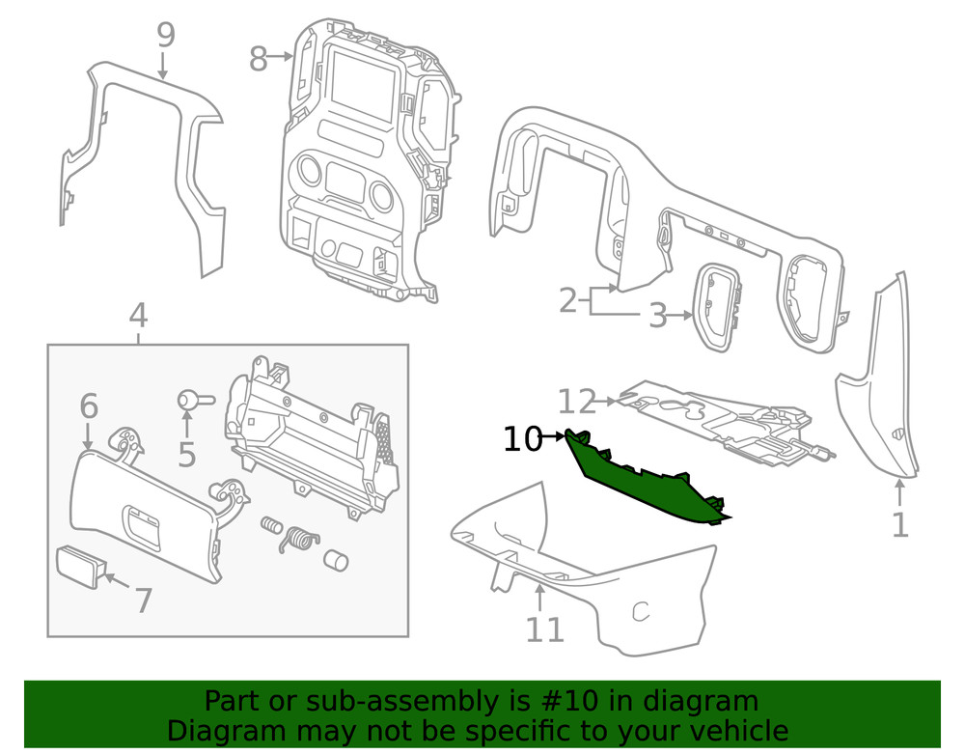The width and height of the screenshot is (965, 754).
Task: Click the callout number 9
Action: click(165, 36)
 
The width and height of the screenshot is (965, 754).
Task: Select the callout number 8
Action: click(258, 59)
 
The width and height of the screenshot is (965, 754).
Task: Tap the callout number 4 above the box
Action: click(138, 315)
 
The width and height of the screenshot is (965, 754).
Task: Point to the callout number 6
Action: click(88, 405)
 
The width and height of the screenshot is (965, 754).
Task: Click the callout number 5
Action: click(186, 454)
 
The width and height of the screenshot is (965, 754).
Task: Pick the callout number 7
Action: click(143, 600)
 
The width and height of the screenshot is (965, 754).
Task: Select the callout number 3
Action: click(657, 316)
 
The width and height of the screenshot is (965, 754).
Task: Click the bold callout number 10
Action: click(523, 439)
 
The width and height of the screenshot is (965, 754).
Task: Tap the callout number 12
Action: click(578, 400)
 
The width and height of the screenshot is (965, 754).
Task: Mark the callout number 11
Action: click(544, 628)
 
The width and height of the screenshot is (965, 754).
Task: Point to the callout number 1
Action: click(899, 525)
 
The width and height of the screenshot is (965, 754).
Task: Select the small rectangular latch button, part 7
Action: click(80, 566)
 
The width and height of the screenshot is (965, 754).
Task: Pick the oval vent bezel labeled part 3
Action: click(718, 305)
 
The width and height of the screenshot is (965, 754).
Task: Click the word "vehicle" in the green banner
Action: click(734, 730)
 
